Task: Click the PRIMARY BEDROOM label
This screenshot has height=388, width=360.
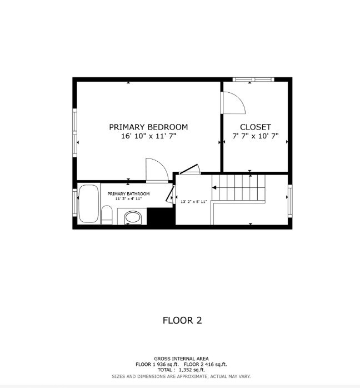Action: [148, 127]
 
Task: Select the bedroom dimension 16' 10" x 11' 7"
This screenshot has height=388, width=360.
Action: [148, 136]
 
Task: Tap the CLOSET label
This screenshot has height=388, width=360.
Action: [256, 127]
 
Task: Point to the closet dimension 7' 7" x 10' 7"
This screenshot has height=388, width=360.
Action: [256, 136]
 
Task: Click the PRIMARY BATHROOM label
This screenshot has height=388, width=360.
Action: [128, 194]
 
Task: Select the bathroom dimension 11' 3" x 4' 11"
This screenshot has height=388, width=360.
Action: [128, 198]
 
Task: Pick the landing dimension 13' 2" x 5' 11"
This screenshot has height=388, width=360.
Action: [193, 202]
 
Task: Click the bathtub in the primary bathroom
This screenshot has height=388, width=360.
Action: [88, 204]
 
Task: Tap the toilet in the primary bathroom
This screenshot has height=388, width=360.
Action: [107, 215]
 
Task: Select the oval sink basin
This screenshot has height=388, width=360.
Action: [133, 217]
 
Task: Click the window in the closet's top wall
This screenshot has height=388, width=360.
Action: [253, 79]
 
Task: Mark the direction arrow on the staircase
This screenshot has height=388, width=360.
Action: [214, 188]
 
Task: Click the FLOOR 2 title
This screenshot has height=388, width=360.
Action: [182, 320]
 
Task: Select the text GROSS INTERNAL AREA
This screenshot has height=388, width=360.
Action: [181, 359]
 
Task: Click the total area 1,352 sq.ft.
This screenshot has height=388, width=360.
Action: [192, 370]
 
